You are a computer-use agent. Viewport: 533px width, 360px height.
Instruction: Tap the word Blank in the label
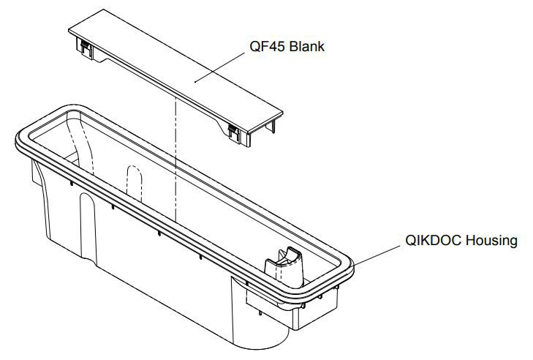(x=306, y=46)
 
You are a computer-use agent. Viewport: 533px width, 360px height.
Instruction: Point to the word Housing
(x=491, y=241)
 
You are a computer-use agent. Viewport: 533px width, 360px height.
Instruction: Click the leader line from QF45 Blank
(x=219, y=67)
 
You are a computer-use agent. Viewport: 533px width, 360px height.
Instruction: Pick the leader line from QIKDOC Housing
(x=377, y=255)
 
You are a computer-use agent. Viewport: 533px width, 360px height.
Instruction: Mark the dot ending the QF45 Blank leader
(x=194, y=82)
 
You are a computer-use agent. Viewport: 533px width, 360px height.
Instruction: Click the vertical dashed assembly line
(x=175, y=160)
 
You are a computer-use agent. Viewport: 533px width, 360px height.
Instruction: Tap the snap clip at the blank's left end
(x=84, y=47)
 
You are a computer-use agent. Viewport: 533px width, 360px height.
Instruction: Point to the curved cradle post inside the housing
(x=285, y=266)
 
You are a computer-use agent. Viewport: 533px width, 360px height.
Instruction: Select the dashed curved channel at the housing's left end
(x=80, y=143)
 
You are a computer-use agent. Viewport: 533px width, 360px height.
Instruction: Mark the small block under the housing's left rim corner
(x=37, y=173)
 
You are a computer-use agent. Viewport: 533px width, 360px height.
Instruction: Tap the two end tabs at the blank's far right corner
(x=272, y=126)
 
